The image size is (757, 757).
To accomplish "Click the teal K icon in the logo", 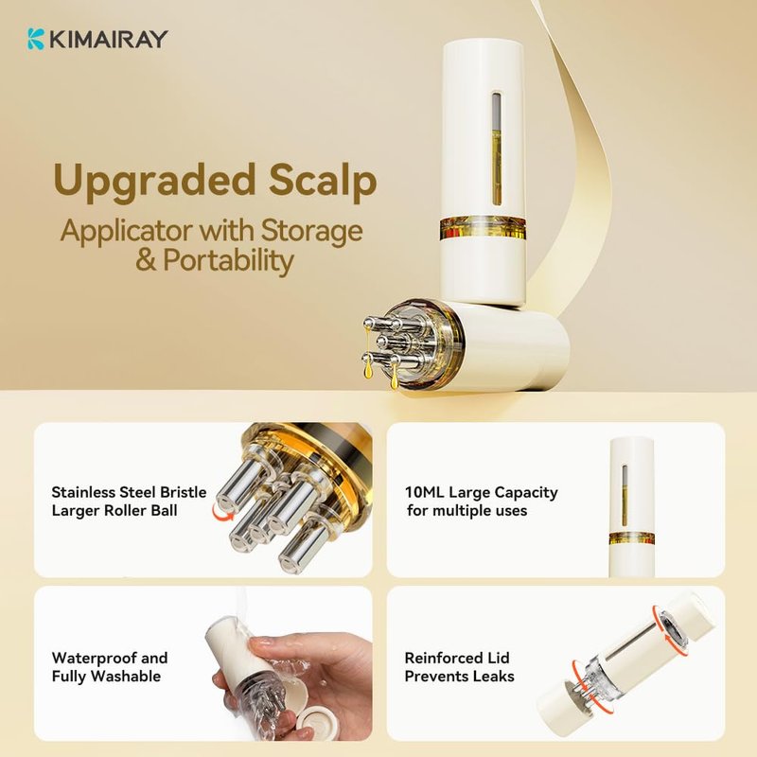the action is coord(36,39).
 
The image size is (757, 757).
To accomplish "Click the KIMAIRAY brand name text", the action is coord(108,39).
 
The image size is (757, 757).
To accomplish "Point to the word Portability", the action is coord(228,261).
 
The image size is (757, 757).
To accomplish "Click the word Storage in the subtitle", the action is coord(311,232).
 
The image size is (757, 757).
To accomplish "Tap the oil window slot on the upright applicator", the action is coord(496,148).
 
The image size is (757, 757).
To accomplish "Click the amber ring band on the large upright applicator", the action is coord(483,228).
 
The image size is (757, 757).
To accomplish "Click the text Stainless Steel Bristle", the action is coord(129,492).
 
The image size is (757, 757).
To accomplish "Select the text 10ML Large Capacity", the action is coord(482,492).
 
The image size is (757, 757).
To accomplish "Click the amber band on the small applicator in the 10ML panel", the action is coord(632,538).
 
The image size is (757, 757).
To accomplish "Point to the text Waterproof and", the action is coord(110,658).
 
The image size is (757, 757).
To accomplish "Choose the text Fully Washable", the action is coord(106,677).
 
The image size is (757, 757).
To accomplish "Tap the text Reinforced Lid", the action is coord(457,658).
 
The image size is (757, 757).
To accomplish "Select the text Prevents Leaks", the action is coord(460,677).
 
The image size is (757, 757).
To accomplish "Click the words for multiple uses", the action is coord(467,511).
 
